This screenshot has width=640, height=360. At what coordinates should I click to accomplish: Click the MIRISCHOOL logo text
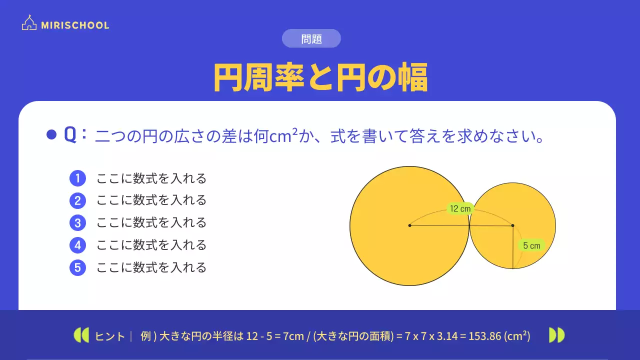[75, 25]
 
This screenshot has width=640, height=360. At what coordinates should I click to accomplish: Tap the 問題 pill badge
[311, 38]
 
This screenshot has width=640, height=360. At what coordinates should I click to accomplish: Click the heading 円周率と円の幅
[320, 77]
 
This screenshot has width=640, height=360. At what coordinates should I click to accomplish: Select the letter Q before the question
[70, 135]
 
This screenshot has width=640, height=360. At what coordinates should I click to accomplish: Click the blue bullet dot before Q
[51, 135]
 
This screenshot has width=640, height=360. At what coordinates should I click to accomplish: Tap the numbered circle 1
[77, 178]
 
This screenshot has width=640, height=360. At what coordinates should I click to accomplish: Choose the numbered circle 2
[77, 200]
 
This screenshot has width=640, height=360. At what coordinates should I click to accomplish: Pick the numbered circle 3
[77, 222]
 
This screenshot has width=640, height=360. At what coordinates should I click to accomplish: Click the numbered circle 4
[77, 245]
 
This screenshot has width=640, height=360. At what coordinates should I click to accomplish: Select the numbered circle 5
[77, 267]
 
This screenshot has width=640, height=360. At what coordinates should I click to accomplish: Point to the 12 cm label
[460, 209]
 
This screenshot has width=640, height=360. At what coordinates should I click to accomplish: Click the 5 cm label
[531, 245]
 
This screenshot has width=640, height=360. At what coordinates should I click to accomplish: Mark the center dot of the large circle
[409, 225]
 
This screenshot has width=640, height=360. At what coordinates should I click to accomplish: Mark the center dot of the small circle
[513, 225]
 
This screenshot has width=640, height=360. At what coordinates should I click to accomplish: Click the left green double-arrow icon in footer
[81, 335]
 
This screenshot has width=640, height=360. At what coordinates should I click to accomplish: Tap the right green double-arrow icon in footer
[557, 335]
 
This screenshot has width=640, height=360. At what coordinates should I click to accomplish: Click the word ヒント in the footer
[110, 336]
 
